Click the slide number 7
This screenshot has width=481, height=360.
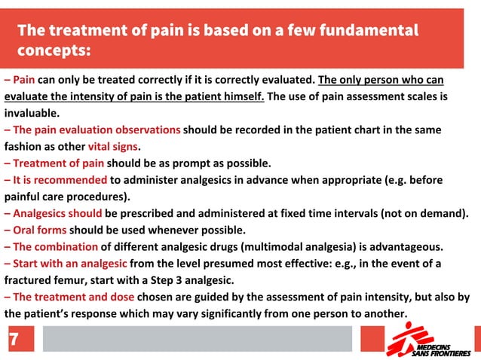[13, 340]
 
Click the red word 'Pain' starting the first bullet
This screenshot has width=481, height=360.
[24, 79]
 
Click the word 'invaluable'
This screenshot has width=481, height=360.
[31, 113]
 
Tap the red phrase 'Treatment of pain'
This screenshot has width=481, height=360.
[59, 163]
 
